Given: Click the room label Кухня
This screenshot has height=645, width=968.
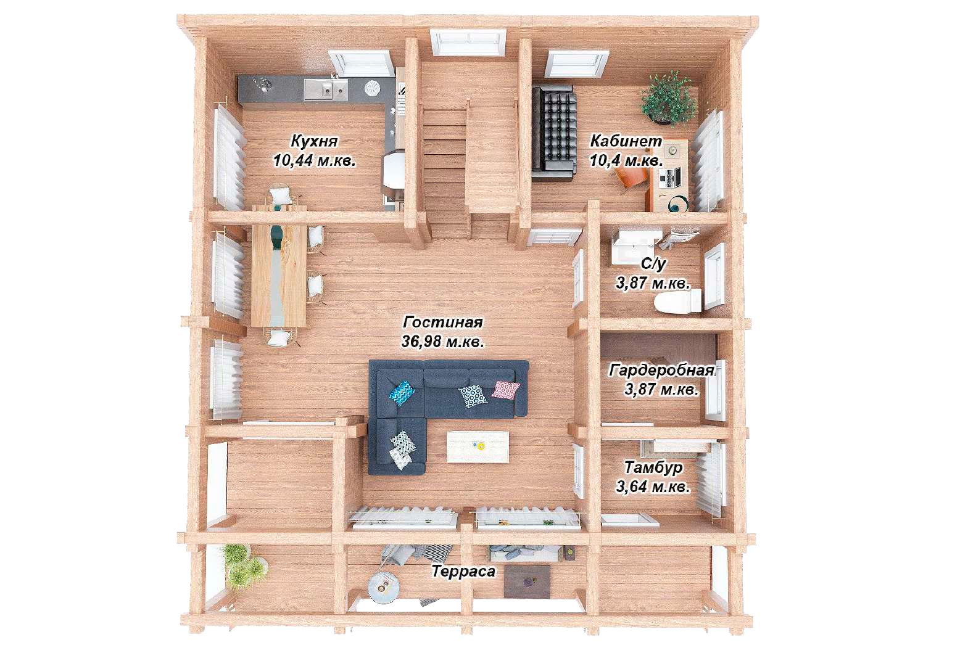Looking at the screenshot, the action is click(314, 141).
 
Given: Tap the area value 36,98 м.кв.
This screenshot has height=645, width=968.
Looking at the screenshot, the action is click(442, 342).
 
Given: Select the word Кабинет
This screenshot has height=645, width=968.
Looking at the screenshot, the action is click(626, 141).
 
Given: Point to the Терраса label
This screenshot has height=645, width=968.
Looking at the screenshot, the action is click(464, 572).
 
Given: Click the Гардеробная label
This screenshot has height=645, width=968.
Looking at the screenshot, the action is click(661, 370).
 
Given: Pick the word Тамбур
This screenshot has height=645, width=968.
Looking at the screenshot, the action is click(653, 467).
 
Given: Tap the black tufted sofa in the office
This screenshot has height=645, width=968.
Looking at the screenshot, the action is click(554, 131).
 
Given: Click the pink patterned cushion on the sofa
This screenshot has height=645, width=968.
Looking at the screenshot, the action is click(506, 390).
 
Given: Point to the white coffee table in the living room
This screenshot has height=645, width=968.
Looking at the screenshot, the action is click(478, 446).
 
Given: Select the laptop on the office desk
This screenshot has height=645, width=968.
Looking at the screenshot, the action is click(671, 178).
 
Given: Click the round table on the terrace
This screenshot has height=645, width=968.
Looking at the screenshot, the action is click(384, 587).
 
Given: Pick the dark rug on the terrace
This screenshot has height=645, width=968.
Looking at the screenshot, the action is click(527, 581).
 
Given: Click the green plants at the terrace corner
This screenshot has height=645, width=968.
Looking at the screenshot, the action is click(242, 565).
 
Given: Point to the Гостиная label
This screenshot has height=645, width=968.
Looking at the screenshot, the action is click(442, 322).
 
